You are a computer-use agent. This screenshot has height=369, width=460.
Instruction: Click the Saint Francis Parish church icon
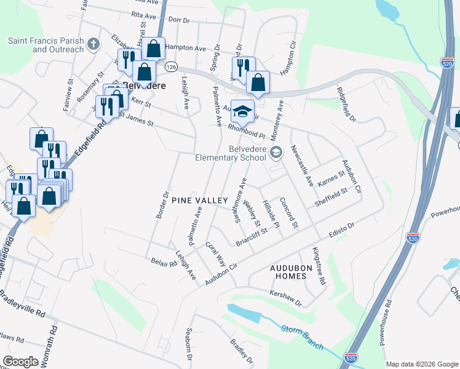tap(93, 44)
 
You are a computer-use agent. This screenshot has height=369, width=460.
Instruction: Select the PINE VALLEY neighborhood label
tap(199, 200)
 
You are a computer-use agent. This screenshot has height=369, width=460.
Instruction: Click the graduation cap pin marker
tap(242, 111)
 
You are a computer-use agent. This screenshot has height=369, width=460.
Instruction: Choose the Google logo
tap(20, 361)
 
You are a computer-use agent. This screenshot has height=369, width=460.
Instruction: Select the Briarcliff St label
tap(256, 236)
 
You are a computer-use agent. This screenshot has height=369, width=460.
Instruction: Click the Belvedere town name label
tap(145, 86)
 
